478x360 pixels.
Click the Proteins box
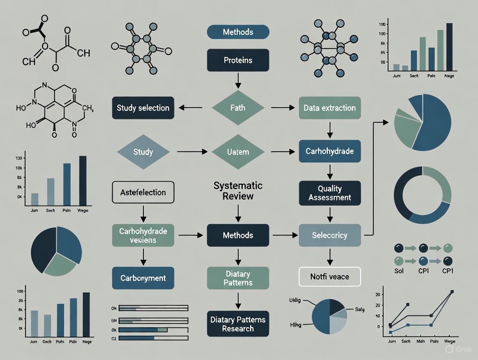[238, 60]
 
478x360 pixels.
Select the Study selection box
[143, 108]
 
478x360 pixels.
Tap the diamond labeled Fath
[238, 108]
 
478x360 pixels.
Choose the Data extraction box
[329, 108]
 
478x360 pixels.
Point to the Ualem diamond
[238, 152]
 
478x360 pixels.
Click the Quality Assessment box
[329, 193]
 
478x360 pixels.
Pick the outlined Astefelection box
[143, 193]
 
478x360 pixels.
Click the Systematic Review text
[238, 191]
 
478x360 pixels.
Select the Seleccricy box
[329, 235]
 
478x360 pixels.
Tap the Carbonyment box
[143, 278]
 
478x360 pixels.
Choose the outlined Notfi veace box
[329, 276]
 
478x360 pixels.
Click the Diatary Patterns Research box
[238, 324]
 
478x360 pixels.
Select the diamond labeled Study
[143, 152]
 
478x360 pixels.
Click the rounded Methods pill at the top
[238, 32]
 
